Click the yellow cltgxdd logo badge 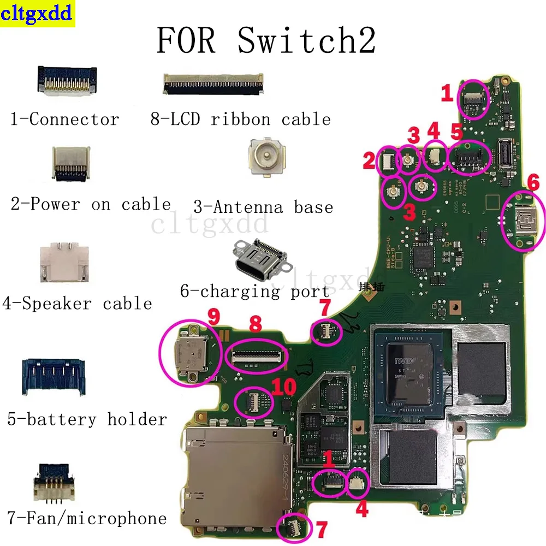pos(37,14)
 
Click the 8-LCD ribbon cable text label pos(240,119)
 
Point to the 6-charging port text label pos(255,292)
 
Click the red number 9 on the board pos(213,316)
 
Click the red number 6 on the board pos(533,181)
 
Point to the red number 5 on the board pos(456,132)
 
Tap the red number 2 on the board pos(369,160)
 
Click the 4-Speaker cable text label pos(77,304)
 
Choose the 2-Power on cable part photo pos(70,164)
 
